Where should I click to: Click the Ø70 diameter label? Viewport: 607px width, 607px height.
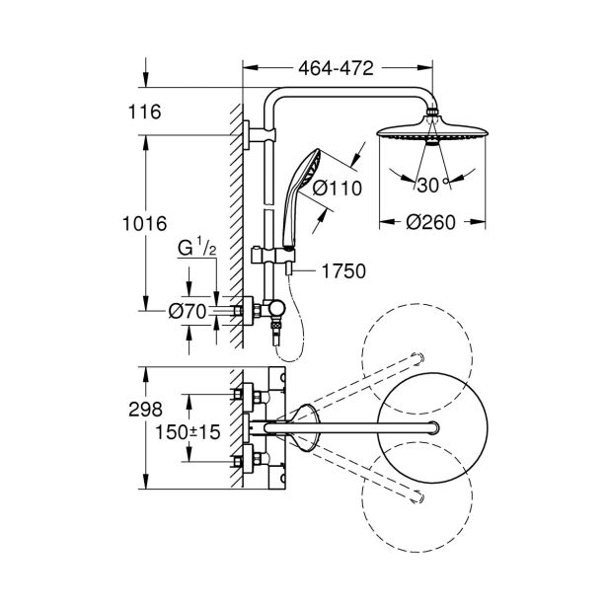point(188,312)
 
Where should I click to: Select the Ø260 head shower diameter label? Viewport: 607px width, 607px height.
point(430,222)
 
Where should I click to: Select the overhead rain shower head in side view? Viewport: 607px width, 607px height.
point(430,131)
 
